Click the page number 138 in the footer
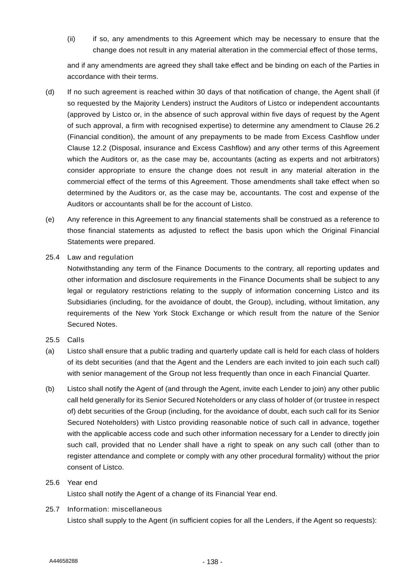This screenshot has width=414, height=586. (x=212, y=562)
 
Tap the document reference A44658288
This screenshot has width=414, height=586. (x=63, y=561)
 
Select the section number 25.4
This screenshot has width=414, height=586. (x=52, y=257)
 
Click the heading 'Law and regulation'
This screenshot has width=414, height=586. (x=100, y=257)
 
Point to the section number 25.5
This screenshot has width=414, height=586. (x=52, y=340)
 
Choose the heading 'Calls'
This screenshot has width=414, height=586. (x=76, y=340)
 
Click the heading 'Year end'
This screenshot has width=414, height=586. (x=82, y=483)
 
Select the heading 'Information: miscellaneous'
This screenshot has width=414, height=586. (x=114, y=509)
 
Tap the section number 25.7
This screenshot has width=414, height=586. (x=52, y=509)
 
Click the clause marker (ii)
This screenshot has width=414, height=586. (x=71, y=39)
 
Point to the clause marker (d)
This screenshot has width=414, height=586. (x=50, y=92)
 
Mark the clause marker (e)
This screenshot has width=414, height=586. (x=50, y=219)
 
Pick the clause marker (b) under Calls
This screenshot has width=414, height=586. (x=50, y=389)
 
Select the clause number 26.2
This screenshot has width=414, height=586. (x=371, y=126)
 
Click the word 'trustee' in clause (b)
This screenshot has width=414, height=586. (x=328, y=400)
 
